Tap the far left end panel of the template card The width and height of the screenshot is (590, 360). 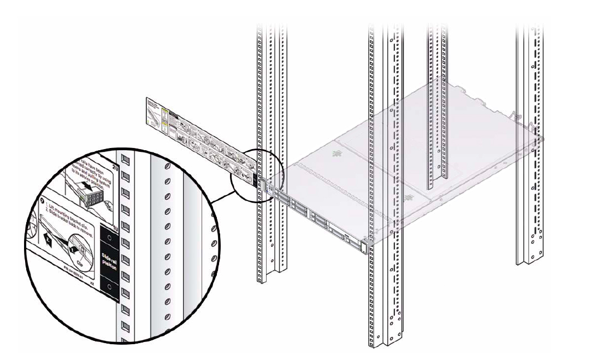(154, 111)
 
